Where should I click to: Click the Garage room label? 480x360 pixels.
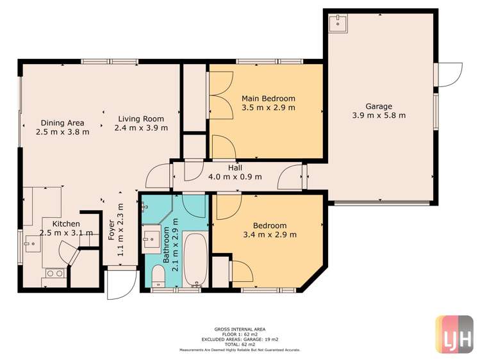click(x=379, y=106)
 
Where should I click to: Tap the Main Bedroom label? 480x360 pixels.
click(x=268, y=98)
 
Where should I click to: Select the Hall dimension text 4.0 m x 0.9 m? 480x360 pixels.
click(x=235, y=177)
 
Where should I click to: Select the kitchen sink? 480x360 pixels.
click(x=31, y=242)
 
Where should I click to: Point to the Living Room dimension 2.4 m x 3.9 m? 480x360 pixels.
click(x=141, y=128)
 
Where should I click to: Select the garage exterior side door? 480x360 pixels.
click(x=449, y=74)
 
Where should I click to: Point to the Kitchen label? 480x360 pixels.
click(x=66, y=224)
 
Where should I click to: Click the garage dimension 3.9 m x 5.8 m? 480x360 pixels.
click(x=379, y=116)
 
